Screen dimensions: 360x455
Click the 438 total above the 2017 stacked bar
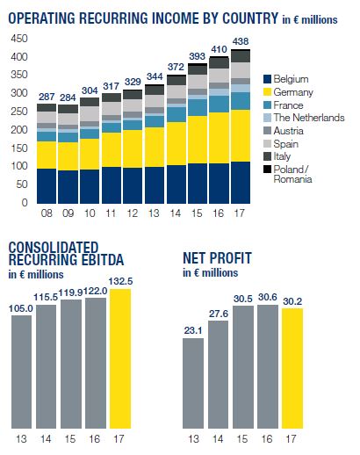(x=241, y=41)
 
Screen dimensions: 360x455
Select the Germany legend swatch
(x=267, y=92)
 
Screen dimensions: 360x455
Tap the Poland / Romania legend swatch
(x=267, y=170)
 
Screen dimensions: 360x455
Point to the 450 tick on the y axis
(x=19, y=39)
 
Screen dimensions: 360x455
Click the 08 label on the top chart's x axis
(x=47, y=213)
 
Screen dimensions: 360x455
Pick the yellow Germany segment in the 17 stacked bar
(x=241, y=136)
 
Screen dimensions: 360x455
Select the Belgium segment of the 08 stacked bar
(x=47, y=186)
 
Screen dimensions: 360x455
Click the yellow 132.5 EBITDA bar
(x=120, y=358)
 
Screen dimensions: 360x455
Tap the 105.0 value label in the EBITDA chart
(x=20, y=308)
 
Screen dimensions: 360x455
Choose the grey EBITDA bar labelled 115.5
(x=46, y=366)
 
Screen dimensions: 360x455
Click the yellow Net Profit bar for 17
(x=292, y=368)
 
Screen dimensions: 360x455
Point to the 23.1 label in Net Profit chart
(x=193, y=330)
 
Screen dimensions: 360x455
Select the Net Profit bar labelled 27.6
(x=218, y=374)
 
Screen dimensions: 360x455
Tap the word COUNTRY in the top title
(x=250, y=18)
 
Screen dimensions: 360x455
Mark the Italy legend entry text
(x=282, y=156)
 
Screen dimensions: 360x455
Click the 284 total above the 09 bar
(x=68, y=97)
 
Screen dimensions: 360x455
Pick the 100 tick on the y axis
(x=19, y=166)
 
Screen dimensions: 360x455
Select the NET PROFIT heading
(x=217, y=258)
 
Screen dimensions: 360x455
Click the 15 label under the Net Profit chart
(x=242, y=439)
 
